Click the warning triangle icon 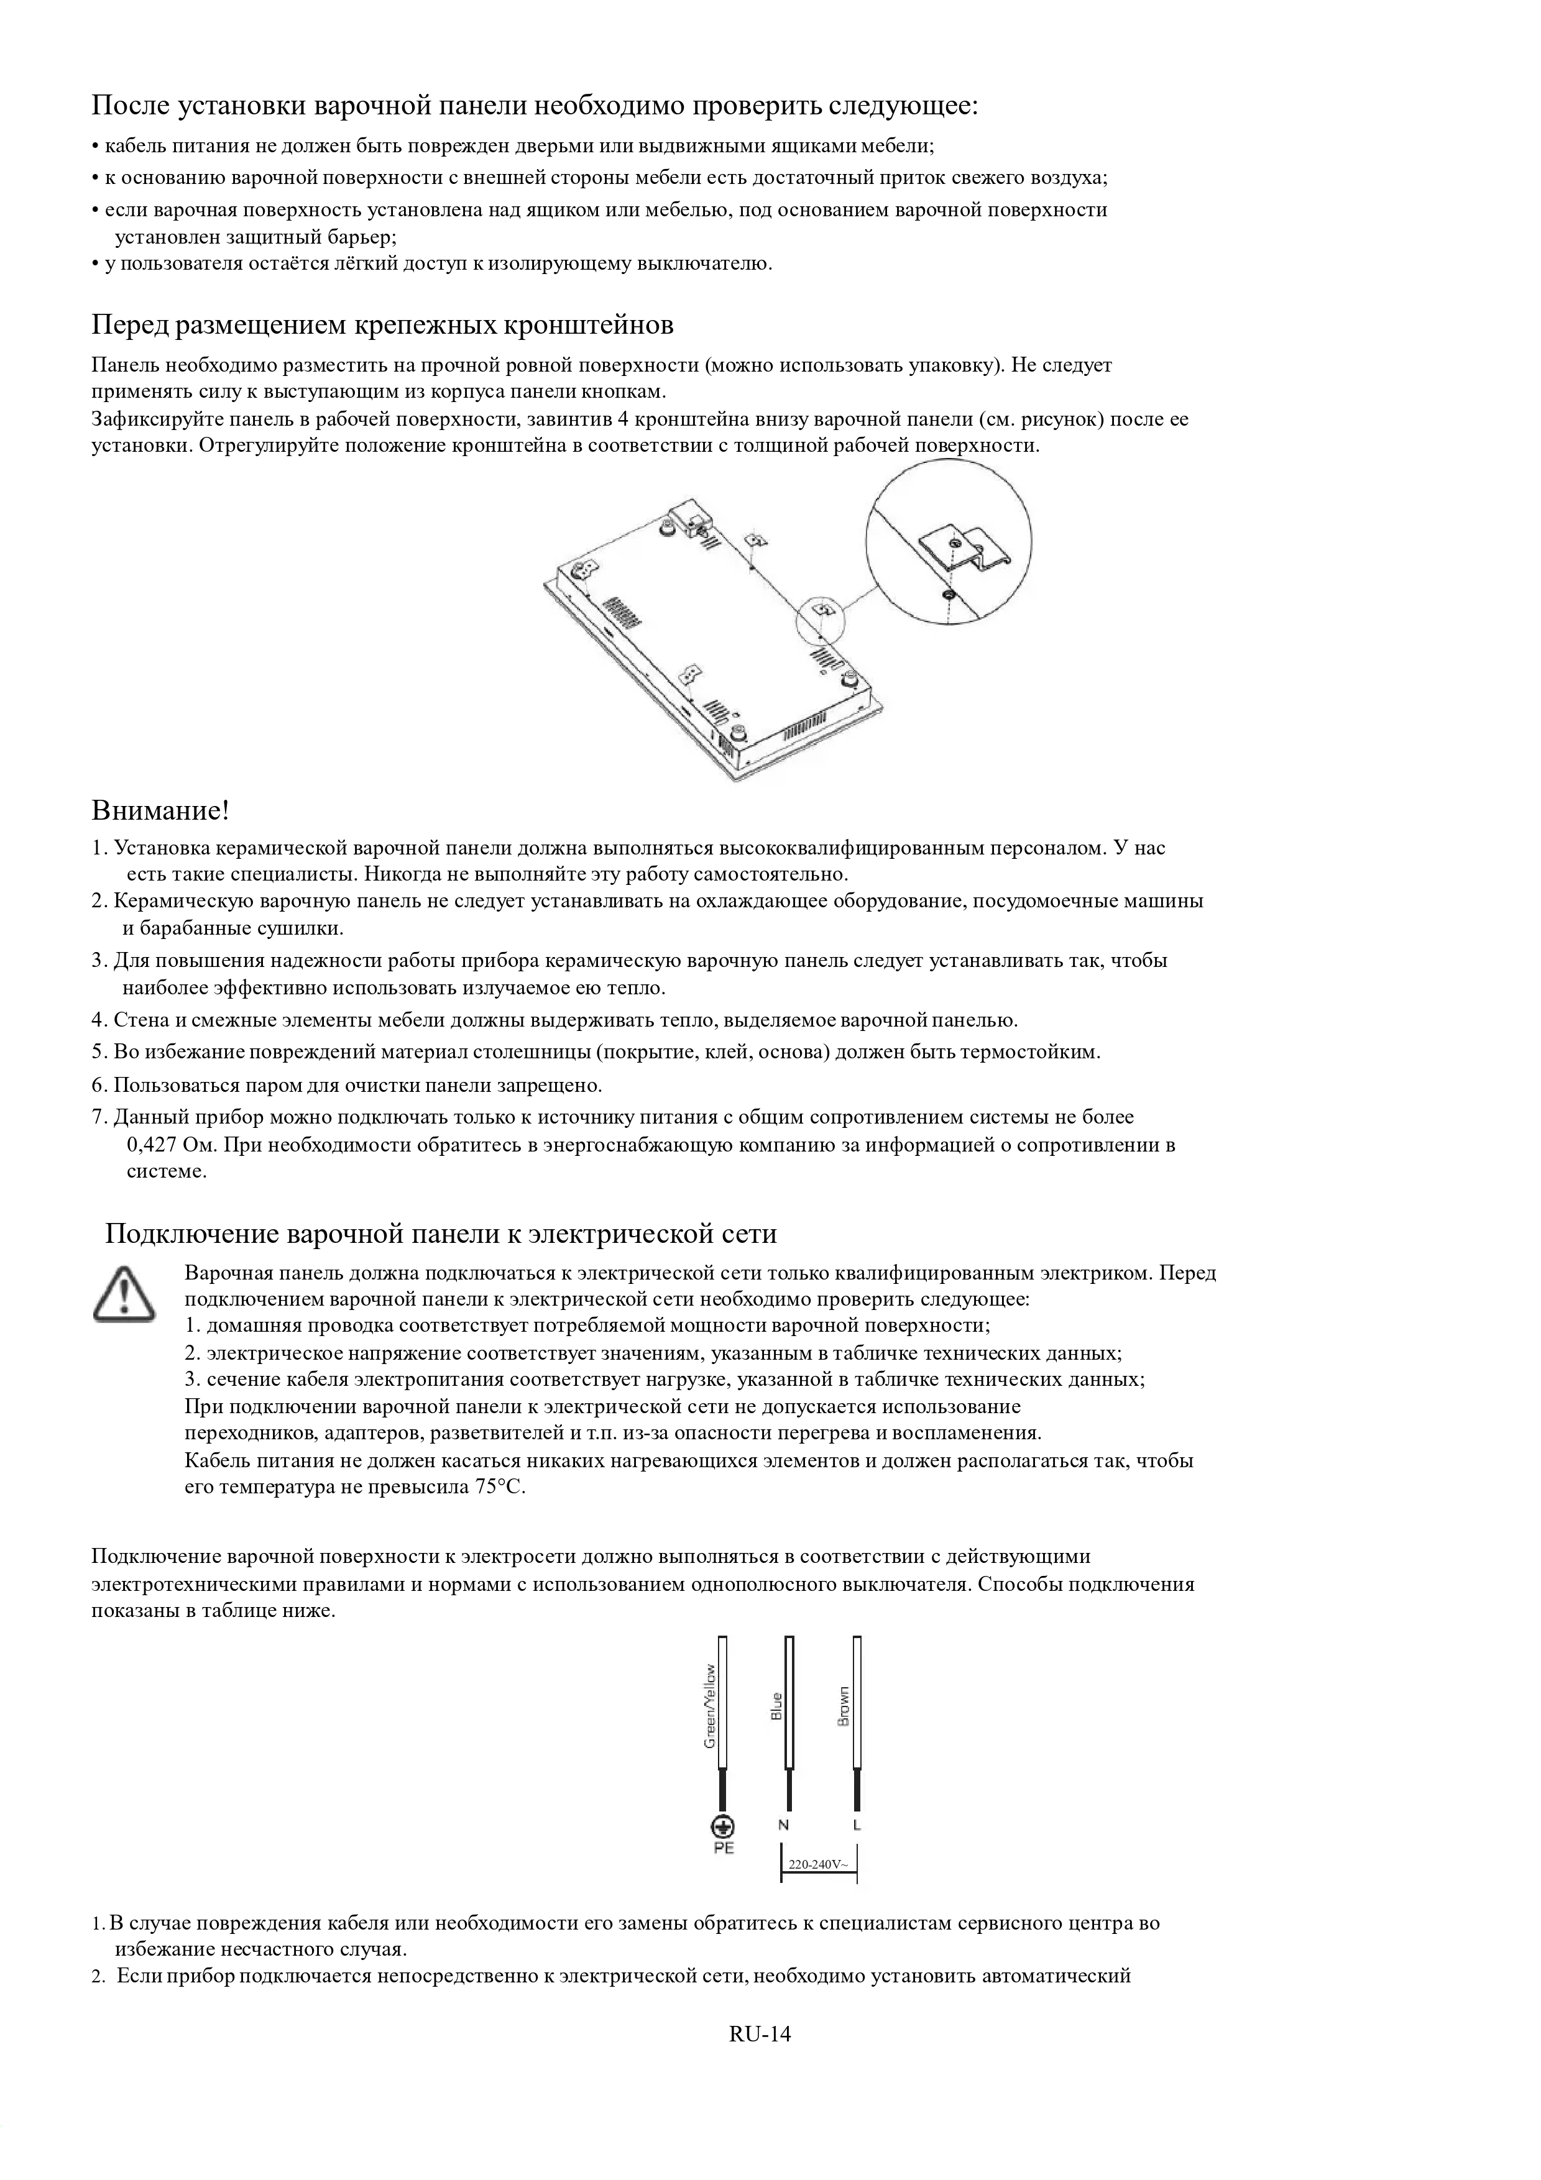point(124,1293)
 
